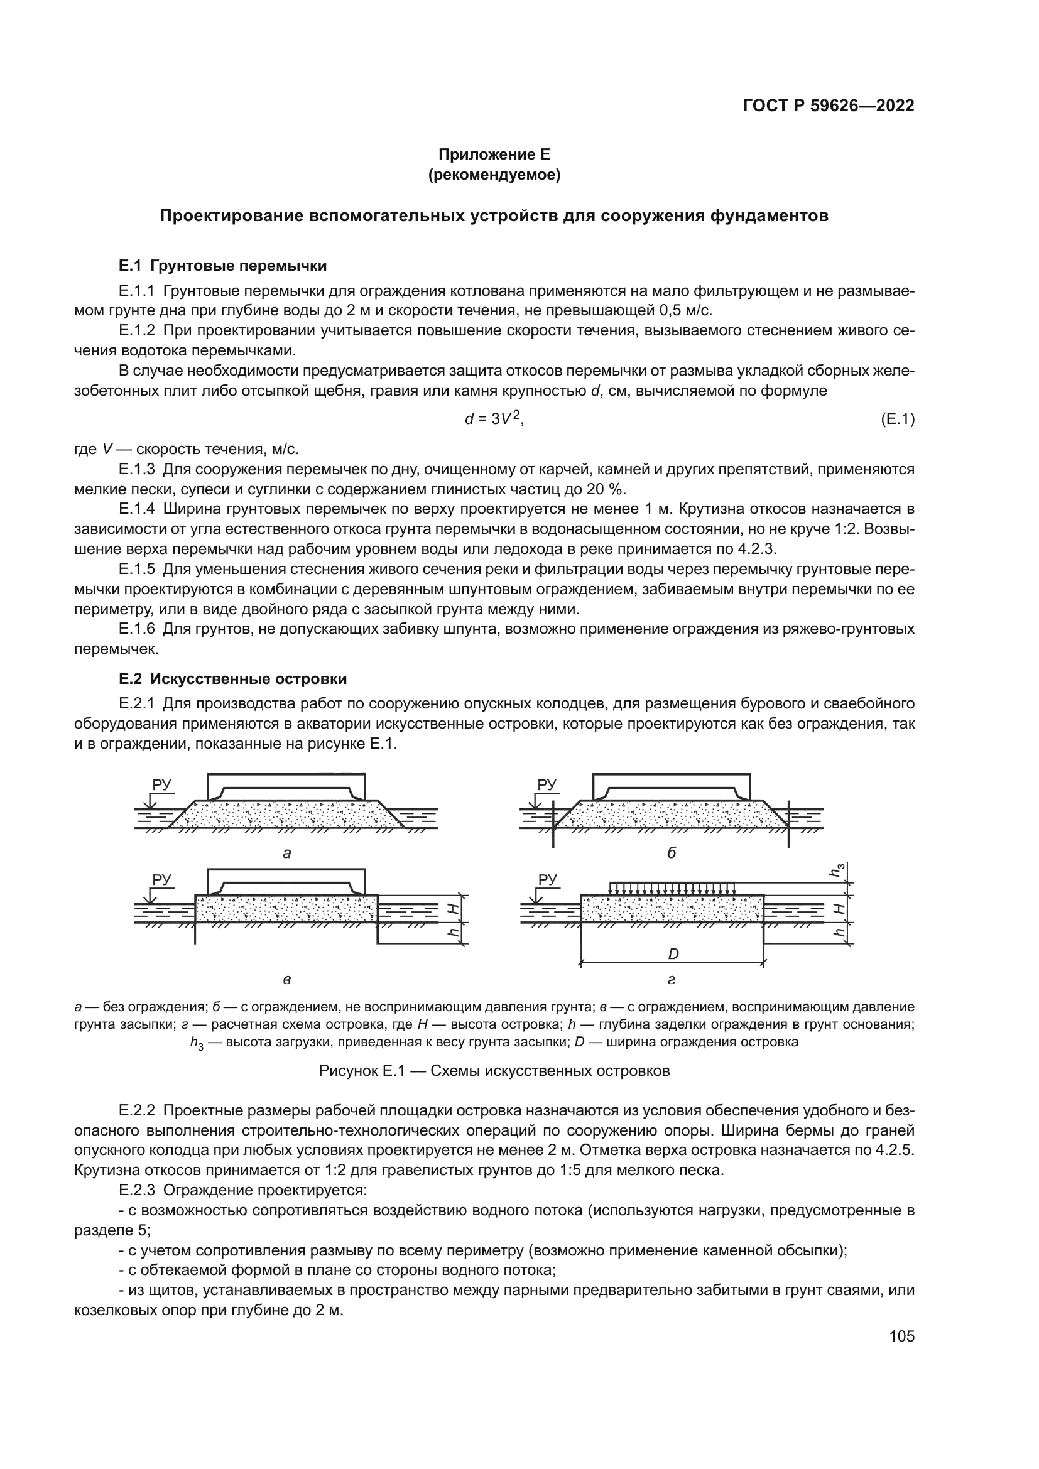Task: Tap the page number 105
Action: coord(901,1336)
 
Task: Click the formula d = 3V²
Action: coord(493,419)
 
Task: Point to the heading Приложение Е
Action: coord(494,154)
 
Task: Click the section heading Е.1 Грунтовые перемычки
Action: coord(222,266)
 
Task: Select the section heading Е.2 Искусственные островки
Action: coord(233,679)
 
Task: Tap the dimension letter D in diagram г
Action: coord(673,954)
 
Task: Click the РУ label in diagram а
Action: coord(162,784)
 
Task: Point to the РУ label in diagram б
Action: coord(547,784)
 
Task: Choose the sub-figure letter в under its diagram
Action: coord(286,980)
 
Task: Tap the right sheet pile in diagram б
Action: coord(789,823)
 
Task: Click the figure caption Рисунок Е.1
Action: coord(494,1071)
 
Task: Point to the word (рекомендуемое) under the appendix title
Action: coord(494,175)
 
